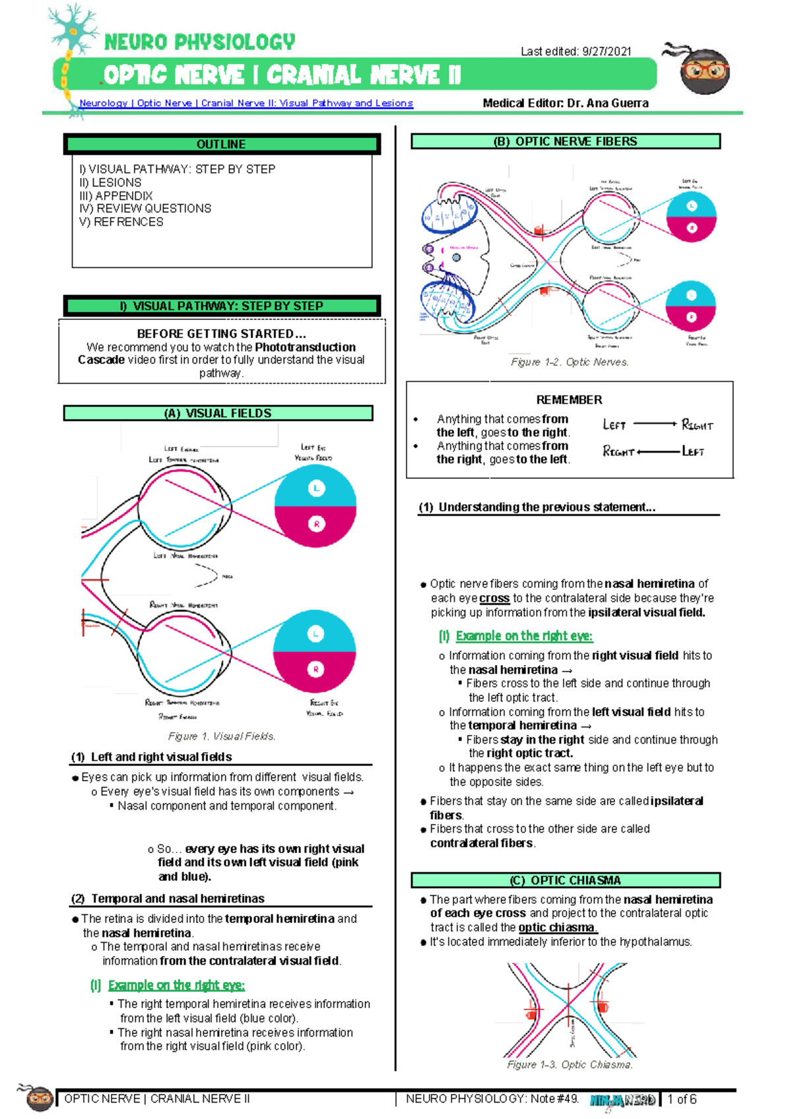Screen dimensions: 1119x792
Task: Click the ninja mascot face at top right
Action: pyautogui.click(x=704, y=71)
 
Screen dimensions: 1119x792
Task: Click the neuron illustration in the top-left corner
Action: pyautogui.click(x=73, y=30)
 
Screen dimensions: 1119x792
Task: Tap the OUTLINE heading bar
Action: pyautogui.click(x=221, y=144)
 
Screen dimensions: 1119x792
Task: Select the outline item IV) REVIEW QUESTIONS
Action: pyautogui.click(x=145, y=208)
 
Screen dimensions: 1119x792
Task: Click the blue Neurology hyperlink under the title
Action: pyautogui.click(x=246, y=103)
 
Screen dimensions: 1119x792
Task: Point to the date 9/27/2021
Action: pyautogui.click(x=607, y=51)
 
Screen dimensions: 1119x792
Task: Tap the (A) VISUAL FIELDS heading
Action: pyautogui.click(x=218, y=413)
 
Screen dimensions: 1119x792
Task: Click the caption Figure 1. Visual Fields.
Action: pyautogui.click(x=222, y=736)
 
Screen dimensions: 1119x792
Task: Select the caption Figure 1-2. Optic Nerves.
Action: pyautogui.click(x=570, y=362)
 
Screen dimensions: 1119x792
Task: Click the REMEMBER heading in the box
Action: pyautogui.click(x=569, y=400)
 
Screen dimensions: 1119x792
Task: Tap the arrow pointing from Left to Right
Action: pyautogui.click(x=655, y=424)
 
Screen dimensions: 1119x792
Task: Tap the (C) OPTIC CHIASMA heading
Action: pyautogui.click(x=565, y=880)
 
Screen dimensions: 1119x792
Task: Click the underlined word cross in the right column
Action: pyautogui.click(x=494, y=598)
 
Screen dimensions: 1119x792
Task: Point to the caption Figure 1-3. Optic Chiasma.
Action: pyautogui.click(x=570, y=1065)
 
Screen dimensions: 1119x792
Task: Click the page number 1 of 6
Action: pyautogui.click(x=682, y=1099)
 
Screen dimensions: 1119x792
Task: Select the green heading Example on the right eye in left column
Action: pyautogui.click(x=176, y=985)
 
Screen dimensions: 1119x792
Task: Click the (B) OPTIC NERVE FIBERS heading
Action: pyautogui.click(x=565, y=141)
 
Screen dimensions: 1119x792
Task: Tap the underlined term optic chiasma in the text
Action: pyautogui.click(x=558, y=928)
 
